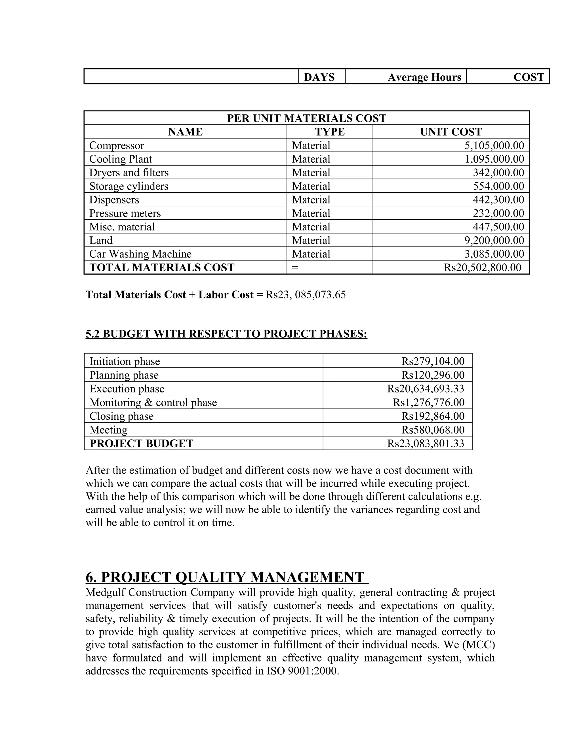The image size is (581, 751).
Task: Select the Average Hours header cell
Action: click(x=424, y=77)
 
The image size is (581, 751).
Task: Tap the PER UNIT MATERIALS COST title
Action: click(x=306, y=118)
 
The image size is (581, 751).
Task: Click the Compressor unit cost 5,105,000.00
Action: click(x=494, y=145)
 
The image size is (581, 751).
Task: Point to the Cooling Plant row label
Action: click(x=121, y=159)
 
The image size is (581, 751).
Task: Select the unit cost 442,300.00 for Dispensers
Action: click(x=498, y=200)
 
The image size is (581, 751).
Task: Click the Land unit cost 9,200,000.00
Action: click(x=494, y=240)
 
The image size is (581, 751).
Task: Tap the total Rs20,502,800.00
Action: click(x=482, y=268)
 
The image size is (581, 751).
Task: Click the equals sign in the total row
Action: click(x=295, y=268)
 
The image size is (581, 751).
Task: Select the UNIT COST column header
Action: click(x=451, y=132)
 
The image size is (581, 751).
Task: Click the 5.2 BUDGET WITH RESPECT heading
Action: click(x=226, y=334)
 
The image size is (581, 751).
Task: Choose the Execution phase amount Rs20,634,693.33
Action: click(x=426, y=389)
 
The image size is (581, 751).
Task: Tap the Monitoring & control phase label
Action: click(x=153, y=403)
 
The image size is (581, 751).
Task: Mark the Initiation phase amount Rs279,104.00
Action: click(x=433, y=361)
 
